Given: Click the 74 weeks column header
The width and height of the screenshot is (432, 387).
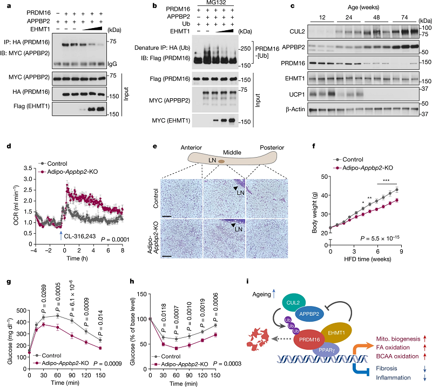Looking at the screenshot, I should pos(404,17).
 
